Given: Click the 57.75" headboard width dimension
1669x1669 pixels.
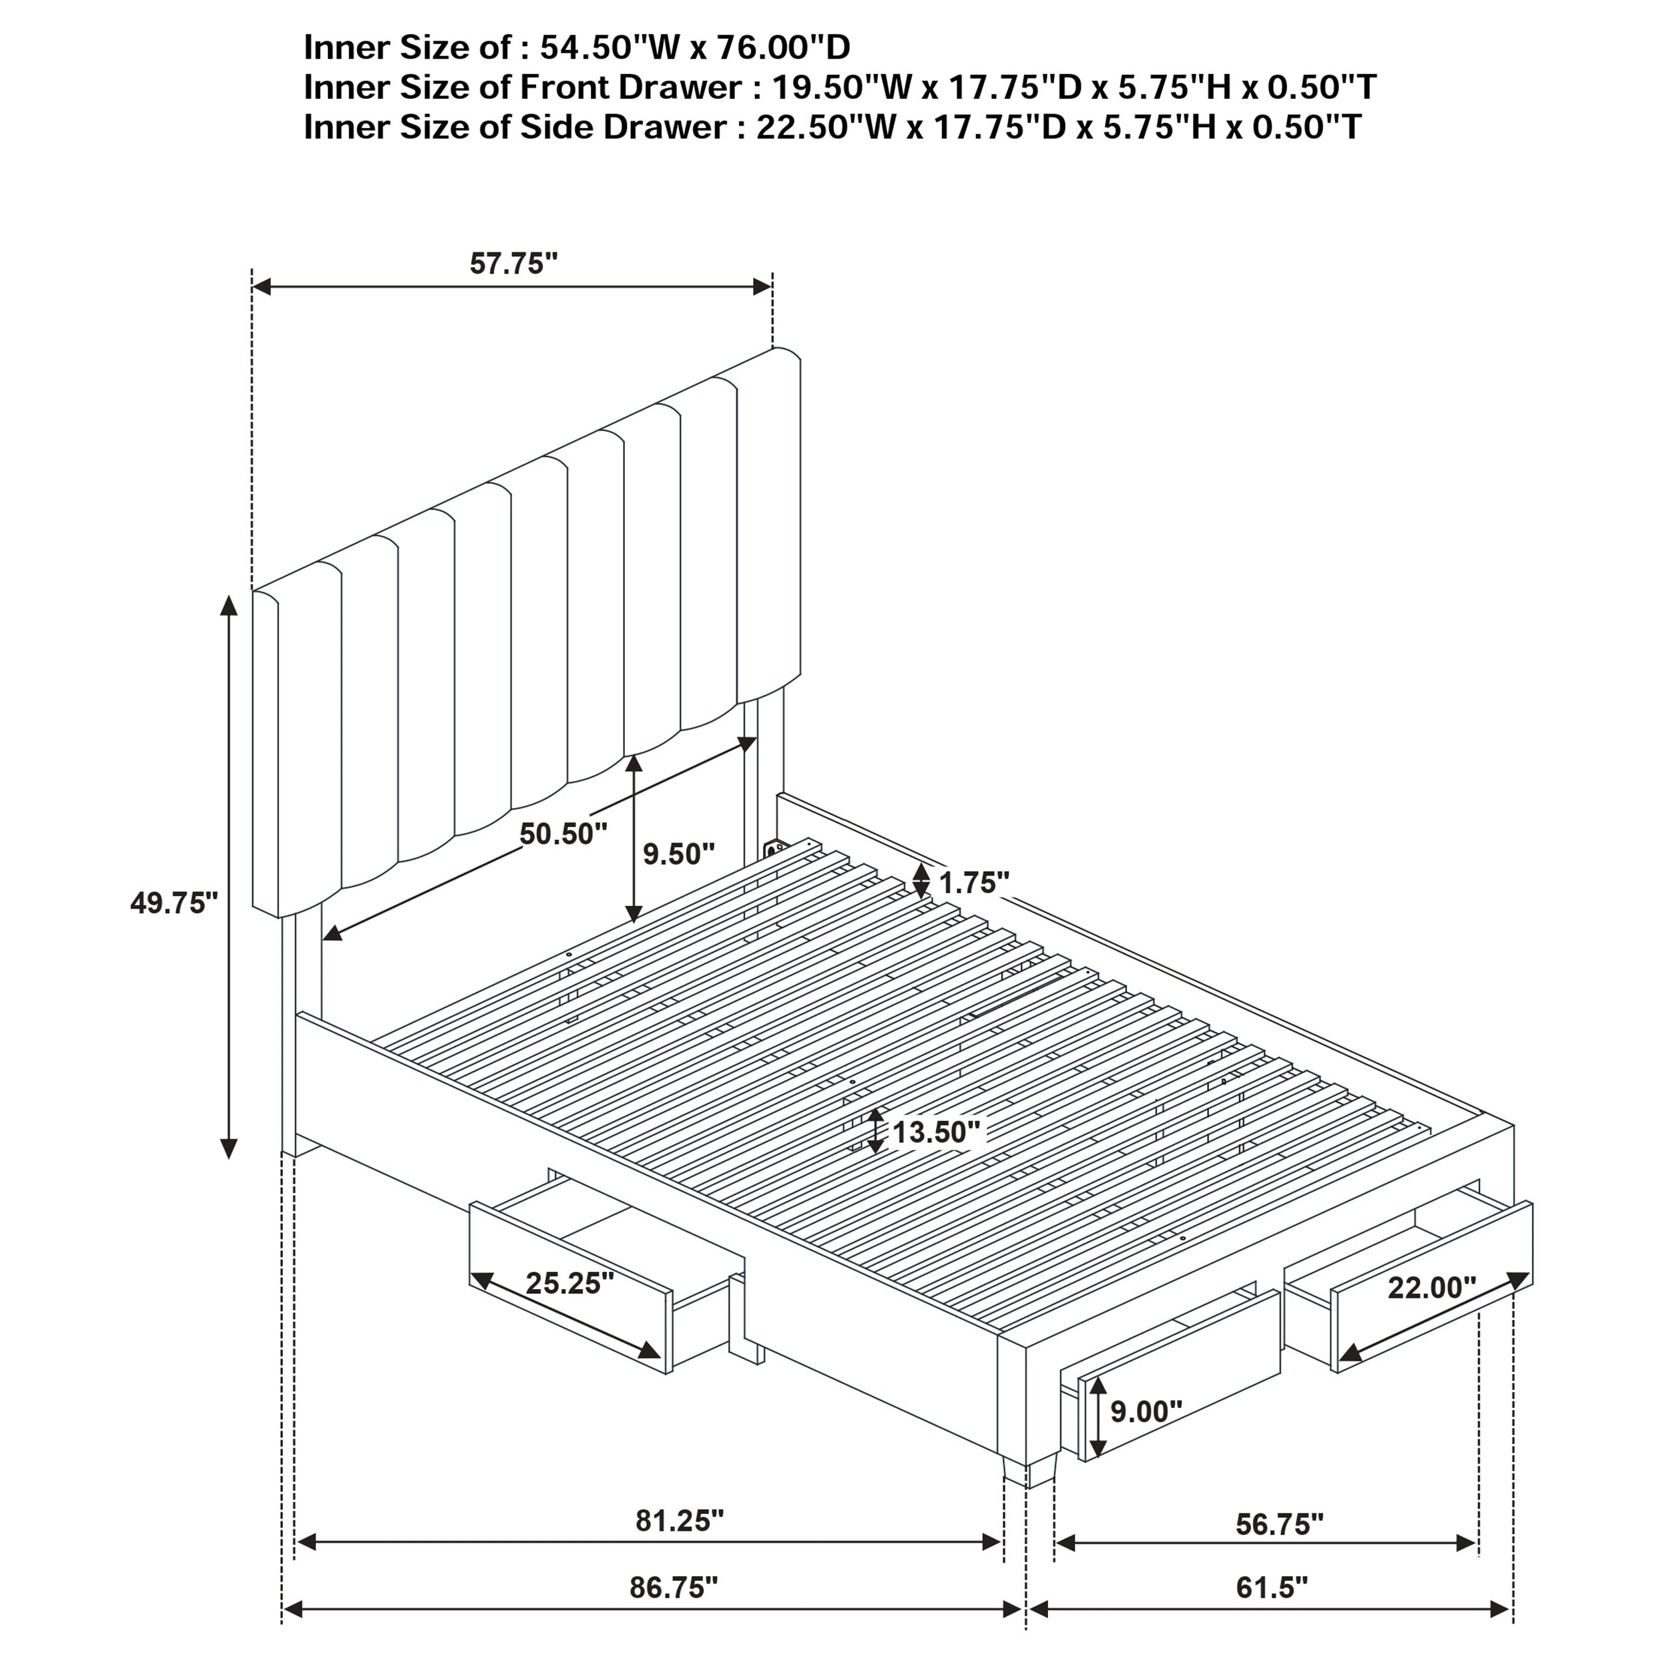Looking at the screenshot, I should point(513,264).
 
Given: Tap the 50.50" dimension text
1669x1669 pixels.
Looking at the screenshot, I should point(563,834).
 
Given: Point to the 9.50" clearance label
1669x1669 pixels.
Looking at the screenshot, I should point(678,855).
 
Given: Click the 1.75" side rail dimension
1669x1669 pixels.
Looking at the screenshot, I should point(975,883).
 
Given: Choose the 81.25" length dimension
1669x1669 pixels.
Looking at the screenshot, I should point(679,1520).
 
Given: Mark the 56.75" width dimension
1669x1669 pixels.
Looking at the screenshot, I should point(1279,1524).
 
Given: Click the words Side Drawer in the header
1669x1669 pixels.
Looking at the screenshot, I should point(623,127).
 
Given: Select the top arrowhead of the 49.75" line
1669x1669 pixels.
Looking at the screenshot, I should point(229,605).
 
